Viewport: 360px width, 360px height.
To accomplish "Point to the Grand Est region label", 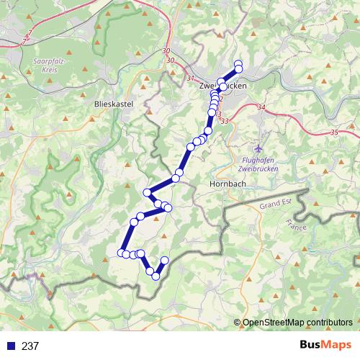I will (x=274, y=205).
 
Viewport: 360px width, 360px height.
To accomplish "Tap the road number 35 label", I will (x=333, y=132).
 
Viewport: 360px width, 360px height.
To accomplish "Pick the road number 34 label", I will (x=261, y=107).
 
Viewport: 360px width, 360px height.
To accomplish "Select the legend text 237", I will (x=30, y=346).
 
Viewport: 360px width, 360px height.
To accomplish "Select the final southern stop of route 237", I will (x=164, y=260).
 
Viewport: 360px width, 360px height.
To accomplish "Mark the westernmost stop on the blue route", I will (x=121, y=252).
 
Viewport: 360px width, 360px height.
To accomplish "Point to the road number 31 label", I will (x=190, y=78).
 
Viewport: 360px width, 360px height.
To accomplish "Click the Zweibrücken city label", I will (x=222, y=86).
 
